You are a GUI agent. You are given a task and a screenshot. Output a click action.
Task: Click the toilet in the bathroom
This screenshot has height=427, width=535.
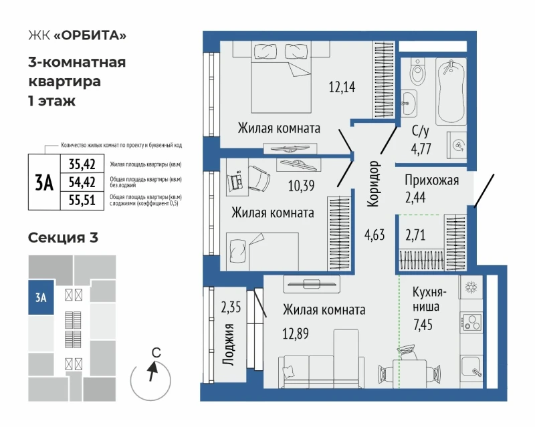pyautogui.click(x=417, y=72)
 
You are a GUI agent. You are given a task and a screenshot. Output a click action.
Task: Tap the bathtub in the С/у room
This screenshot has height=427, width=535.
pyautogui.click(x=451, y=92)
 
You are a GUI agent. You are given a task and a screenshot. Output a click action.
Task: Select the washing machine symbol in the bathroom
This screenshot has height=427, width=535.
pyautogui.click(x=457, y=146)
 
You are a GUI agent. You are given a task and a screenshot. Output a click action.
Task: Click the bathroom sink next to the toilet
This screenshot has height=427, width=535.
pyautogui.click(x=409, y=103)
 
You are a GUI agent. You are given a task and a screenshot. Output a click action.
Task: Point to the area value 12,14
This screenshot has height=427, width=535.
pyautogui.click(x=342, y=87)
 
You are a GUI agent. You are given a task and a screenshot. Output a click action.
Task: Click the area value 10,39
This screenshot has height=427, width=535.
pyautogui.click(x=302, y=186)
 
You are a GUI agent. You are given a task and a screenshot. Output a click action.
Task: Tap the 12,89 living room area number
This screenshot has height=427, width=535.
pyautogui.click(x=296, y=333)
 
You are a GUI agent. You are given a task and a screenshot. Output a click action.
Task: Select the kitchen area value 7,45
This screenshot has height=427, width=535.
pyautogui.click(x=423, y=324)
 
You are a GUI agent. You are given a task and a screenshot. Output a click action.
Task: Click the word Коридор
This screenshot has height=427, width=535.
pyautogui.click(x=373, y=184)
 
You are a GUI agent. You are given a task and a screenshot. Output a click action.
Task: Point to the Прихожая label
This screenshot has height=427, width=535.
pyautogui.click(x=431, y=180)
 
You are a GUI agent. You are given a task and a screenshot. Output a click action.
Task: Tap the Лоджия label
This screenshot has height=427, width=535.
pyautogui.click(x=228, y=344)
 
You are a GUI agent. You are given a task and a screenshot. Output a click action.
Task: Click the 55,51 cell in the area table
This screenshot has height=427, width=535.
pyautogui.click(x=82, y=200)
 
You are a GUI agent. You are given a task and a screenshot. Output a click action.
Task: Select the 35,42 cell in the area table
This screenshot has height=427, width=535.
pyautogui.click(x=82, y=164)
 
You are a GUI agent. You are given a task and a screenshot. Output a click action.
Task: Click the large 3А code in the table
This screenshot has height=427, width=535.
pyautogui.click(x=44, y=183)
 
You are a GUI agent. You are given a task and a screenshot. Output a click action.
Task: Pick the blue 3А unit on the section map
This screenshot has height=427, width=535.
pyautogui.click(x=41, y=297)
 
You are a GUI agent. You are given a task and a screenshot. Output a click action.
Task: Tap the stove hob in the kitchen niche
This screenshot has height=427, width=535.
pyautogui.click(x=471, y=322)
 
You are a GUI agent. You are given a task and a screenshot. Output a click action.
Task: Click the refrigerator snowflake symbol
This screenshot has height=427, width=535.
pyautogui.click(x=471, y=287)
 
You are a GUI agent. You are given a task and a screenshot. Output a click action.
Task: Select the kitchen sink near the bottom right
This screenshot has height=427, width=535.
pyautogui.click(x=471, y=366)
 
